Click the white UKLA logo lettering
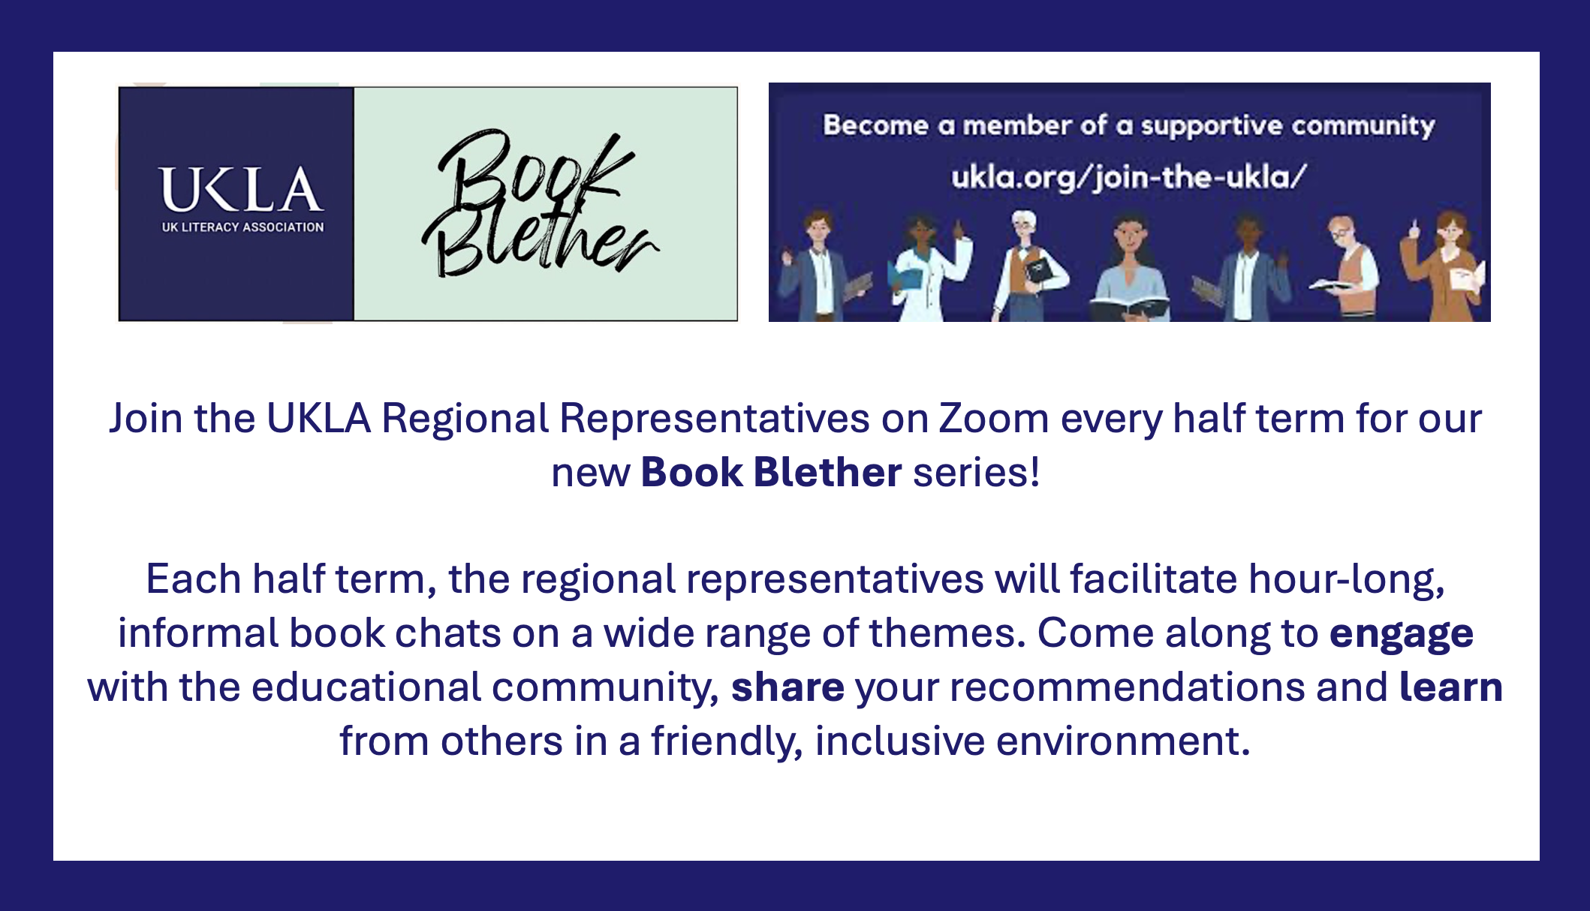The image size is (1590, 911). pyautogui.click(x=242, y=189)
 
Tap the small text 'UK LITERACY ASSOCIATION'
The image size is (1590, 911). pyautogui.click(x=242, y=227)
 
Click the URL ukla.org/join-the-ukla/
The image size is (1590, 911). pyautogui.click(x=1129, y=178)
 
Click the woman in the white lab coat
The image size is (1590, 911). pyautogui.click(x=929, y=268)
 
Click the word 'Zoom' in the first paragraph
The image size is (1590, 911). pyautogui.click(x=994, y=418)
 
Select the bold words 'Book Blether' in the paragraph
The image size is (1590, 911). pyautogui.click(x=771, y=472)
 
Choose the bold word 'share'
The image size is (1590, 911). pyautogui.click(x=787, y=687)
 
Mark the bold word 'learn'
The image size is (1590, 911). pyautogui.click(x=1450, y=687)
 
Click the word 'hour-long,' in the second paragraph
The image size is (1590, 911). pyautogui.click(x=1347, y=580)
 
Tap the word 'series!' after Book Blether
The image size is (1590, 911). pyautogui.click(x=976, y=472)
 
